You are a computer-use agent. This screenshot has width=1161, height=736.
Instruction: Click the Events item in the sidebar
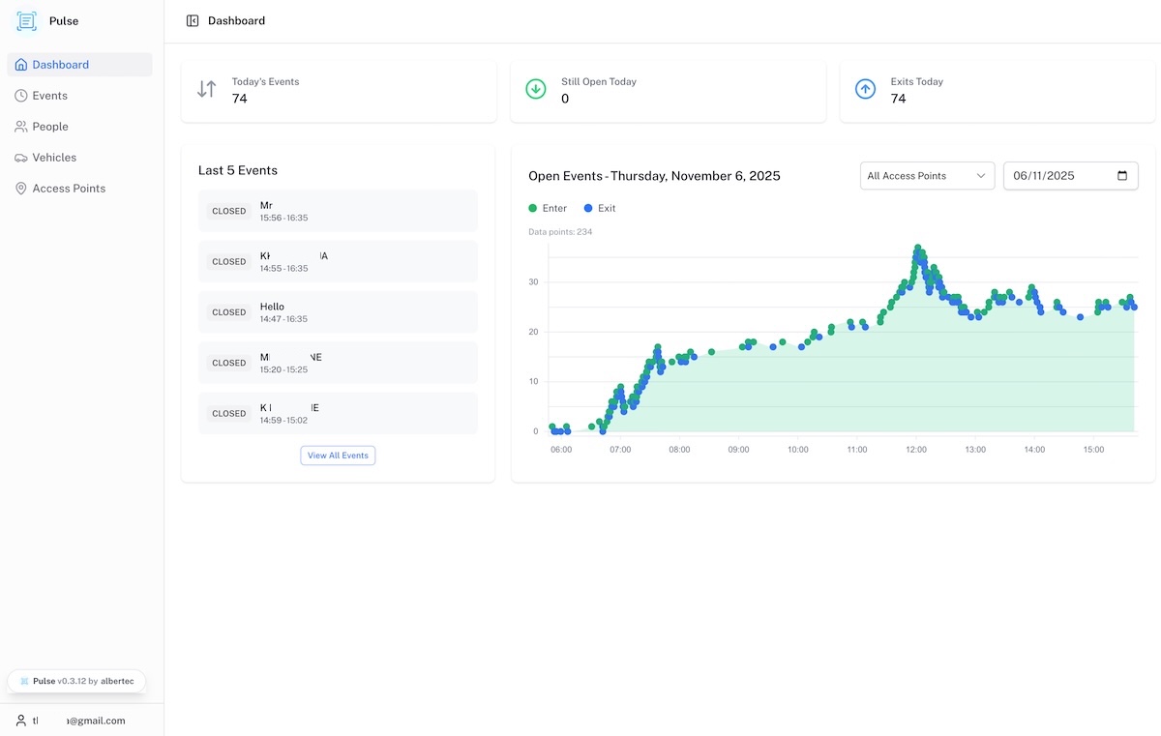point(49,96)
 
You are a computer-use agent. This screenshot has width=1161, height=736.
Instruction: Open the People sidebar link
point(50,127)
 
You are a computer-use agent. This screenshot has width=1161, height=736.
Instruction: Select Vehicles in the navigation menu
point(54,158)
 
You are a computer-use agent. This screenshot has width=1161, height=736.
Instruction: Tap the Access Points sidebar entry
point(69,189)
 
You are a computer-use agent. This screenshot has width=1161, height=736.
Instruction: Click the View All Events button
point(338,456)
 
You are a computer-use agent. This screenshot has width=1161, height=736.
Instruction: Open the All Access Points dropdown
point(926,176)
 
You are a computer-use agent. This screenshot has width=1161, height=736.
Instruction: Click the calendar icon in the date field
point(1122,176)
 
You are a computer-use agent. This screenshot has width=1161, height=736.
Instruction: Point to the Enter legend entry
point(548,208)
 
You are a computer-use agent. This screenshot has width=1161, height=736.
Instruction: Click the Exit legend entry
point(600,208)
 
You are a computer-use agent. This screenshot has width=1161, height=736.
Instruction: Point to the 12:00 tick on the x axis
point(916,450)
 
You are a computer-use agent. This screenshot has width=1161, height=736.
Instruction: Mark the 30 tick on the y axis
point(533,282)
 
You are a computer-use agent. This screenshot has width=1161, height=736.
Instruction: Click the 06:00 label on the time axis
point(561,450)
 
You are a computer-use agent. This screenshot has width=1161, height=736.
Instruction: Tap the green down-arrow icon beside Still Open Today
point(535,89)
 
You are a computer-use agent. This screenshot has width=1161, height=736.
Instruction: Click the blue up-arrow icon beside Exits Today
point(865,89)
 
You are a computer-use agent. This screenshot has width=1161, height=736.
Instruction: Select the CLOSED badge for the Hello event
point(229,312)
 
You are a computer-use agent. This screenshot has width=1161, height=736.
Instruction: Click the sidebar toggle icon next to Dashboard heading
point(193,20)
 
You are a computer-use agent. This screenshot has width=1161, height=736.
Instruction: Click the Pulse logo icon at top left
point(27,21)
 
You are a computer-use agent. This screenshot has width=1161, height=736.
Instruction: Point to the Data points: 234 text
point(560,232)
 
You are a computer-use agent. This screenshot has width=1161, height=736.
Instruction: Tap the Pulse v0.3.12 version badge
point(76,681)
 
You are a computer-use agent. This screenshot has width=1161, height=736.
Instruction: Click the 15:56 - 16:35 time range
point(283,218)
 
